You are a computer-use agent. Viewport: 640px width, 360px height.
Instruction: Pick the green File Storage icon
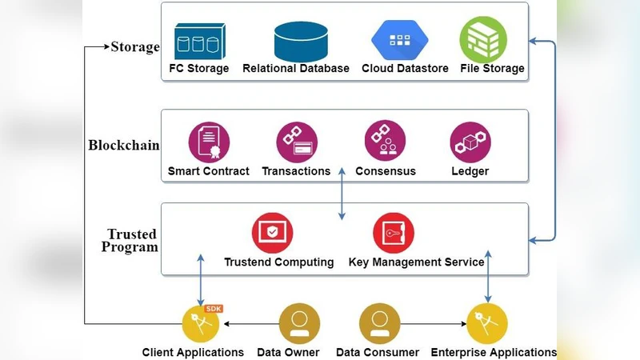click(x=482, y=38)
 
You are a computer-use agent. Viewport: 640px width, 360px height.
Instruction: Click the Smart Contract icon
click(x=208, y=142)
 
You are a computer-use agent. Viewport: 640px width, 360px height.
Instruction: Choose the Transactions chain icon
click(x=297, y=142)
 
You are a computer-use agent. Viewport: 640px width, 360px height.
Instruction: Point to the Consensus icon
click(x=385, y=142)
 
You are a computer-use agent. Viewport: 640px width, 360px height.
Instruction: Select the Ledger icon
click(x=470, y=142)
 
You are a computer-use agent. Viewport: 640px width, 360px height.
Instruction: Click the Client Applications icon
click(x=201, y=323)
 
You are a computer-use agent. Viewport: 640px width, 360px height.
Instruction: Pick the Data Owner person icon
click(x=299, y=323)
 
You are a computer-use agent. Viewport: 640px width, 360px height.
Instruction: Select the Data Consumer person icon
click(x=378, y=323)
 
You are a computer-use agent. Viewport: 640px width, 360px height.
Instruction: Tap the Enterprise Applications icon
click(x=487, y=323)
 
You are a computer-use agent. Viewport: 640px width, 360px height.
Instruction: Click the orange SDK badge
click(x=214, y=308)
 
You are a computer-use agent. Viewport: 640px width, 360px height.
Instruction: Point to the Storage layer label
click(x=135, y=46)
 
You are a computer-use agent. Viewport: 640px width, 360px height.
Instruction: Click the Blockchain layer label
click(x=124, y=146)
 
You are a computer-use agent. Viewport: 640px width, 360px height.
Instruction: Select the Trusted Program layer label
click(x=130, y=241)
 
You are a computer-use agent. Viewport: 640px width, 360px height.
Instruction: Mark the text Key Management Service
click(x=416, y=262)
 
